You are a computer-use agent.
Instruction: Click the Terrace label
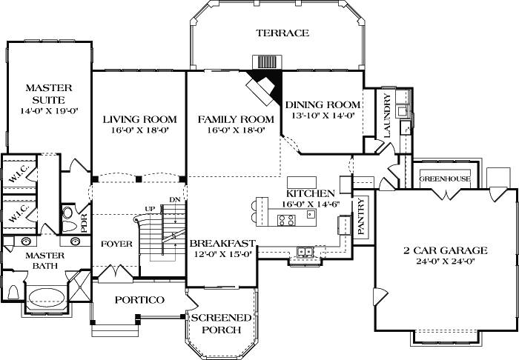pyautogui.click(x=282, y=33)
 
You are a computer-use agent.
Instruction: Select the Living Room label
pyautogui.click(x=139, y=119)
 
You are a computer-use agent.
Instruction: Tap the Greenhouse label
pyautogui.click(x=446, y=179)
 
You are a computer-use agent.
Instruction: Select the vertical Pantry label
pyautogui.click(x=361, y=217)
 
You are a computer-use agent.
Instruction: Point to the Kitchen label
pyautogui.click(x=311, y=192)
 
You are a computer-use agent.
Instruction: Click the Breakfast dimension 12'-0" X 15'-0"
pyautogui.click(x=222, y=254)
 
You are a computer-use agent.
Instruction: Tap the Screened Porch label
pyautogui.click(x=221, y=324)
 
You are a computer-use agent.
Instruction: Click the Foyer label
pyautogui.click(x=117, y=244)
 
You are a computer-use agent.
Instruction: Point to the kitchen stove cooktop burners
pyautogui.click(x=288, y=219)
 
